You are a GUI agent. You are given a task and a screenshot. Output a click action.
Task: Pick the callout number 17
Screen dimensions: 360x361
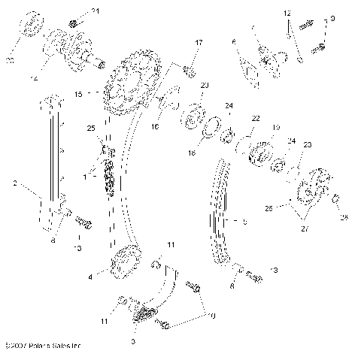[x=199, y=44]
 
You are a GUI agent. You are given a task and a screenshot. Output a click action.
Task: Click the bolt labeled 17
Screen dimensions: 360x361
[x=189, y=71]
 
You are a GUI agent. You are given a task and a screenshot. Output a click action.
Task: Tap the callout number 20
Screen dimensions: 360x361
[x=205, y=85]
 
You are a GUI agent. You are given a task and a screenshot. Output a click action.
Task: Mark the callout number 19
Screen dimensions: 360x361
[x=275, y=127]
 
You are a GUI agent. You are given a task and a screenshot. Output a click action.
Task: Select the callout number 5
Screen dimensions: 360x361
[x=244, y=222]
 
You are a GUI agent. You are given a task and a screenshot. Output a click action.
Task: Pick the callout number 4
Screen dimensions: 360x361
[x=90, y=277]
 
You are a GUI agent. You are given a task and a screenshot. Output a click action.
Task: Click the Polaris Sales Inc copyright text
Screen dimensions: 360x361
[x=43, y=346]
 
